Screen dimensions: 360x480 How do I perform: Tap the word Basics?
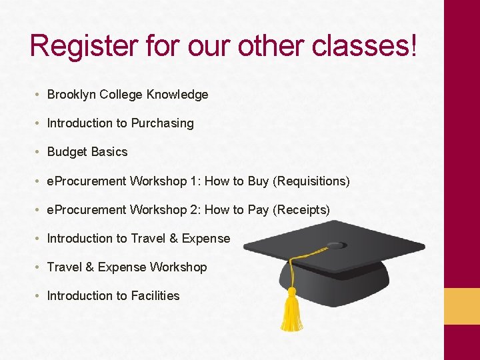point(109,152)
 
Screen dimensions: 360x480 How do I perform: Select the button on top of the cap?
point(335,245)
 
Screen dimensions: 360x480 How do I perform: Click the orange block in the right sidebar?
point(462,306)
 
